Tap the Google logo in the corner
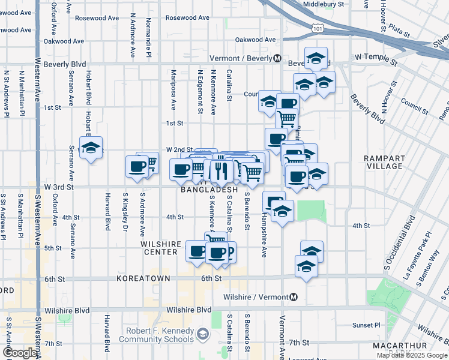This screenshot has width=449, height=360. click(x=19, y=353)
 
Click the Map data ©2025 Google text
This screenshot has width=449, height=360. click(x=411, y=355)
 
